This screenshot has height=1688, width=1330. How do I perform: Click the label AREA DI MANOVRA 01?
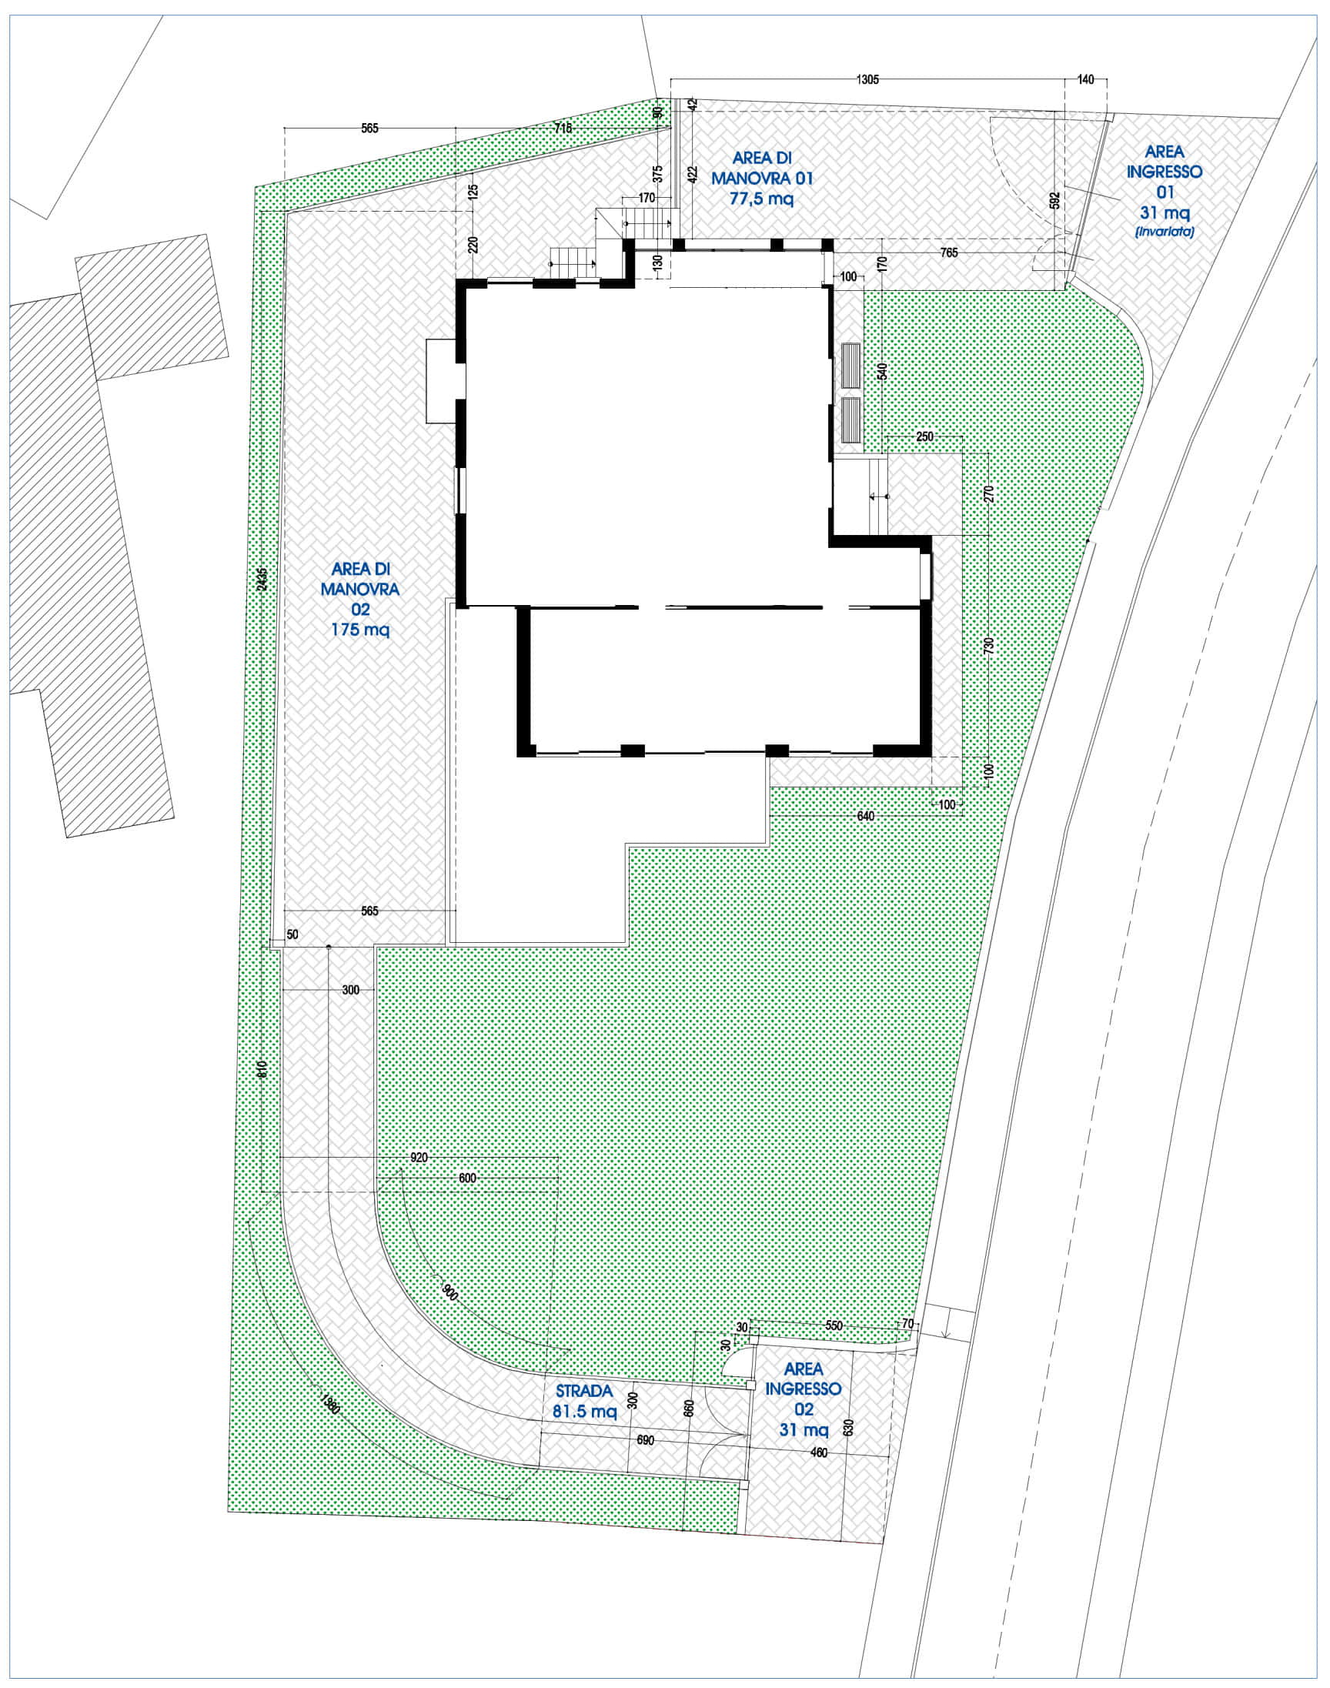pos(761,168)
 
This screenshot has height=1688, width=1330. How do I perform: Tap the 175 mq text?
pos(359,629)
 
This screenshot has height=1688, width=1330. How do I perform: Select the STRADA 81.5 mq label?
pos(584,1401)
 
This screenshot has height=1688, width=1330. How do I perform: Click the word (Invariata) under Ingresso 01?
pos(1165,231)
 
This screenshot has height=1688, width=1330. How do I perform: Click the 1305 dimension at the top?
pos(867,79)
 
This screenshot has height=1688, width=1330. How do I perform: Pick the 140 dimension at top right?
pos(1085,79)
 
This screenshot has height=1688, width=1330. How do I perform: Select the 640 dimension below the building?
pos(865,816)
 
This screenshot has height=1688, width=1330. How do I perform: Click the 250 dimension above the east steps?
pos(924,436)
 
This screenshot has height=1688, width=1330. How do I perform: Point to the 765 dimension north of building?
pos(948,252)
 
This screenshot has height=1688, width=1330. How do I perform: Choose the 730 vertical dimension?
pos(989,646)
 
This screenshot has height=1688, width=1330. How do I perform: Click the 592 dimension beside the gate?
pos(1055,201)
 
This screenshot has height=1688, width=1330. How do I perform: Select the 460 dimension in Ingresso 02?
pos(818,1452)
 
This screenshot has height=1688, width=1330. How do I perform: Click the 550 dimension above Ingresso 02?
pos(834,1325)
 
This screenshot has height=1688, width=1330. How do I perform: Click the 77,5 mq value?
pos(761,199)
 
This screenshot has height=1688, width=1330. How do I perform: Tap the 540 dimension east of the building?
pos(882,370)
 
